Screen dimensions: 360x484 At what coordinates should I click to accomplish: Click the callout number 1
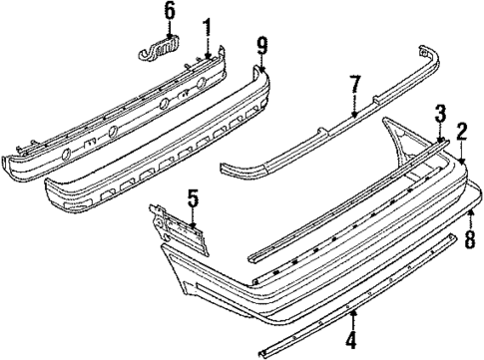[x=207, y=26]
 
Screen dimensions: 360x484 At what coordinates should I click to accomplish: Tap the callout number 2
[x=462, y=130]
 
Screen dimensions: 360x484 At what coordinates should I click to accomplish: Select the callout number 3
[x=439, y=112]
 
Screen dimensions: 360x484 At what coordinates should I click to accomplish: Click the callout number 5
[x=193, y=197]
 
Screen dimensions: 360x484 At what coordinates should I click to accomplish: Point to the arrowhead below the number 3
[x=439, y=139]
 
